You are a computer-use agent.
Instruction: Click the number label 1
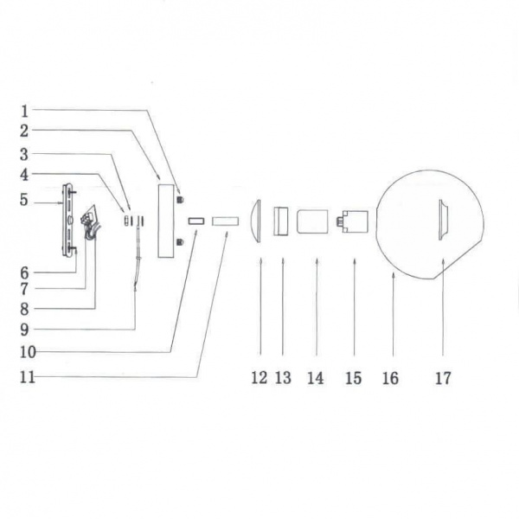[25, 111]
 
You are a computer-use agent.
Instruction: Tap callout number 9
[25, 329]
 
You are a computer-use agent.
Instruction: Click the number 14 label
[316, 378]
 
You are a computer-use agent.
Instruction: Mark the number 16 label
[390, 378]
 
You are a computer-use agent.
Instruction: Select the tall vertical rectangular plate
[164, 219]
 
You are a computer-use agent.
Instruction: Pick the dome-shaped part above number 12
[257, 221]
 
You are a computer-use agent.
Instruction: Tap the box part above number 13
[281, 221]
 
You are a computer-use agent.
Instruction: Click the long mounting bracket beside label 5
[68, 219]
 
